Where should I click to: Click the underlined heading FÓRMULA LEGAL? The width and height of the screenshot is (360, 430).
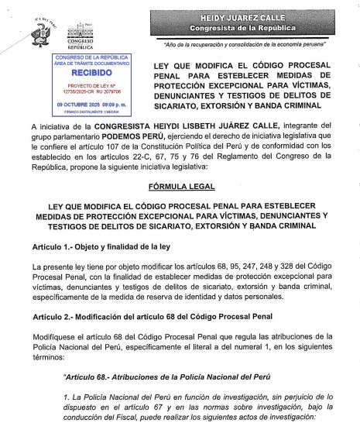tap(180, 187)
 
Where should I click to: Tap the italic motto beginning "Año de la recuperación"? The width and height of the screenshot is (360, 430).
tap(249, 43)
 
